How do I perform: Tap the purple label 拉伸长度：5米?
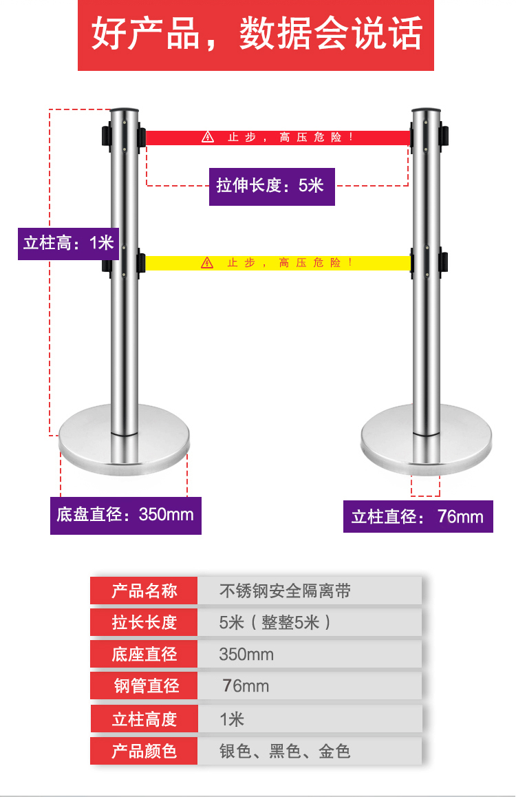(272, 186)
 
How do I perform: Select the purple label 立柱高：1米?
(68, 243)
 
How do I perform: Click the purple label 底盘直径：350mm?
(126, 515)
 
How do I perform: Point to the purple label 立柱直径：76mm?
(418, 516)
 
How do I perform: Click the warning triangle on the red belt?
(208, 137)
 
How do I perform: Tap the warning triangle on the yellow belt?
(208, 262)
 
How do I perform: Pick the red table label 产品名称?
(144, 591)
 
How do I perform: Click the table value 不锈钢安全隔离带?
(285, 591)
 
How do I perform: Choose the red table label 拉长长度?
(144, 622)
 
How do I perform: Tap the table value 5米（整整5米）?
(275, 622)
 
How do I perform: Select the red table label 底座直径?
(144, 654)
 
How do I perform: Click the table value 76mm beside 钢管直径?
(246, 686)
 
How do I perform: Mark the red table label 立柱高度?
(144, 719)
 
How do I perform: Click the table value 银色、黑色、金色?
(285, 751)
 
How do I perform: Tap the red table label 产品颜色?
(144, 751)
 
